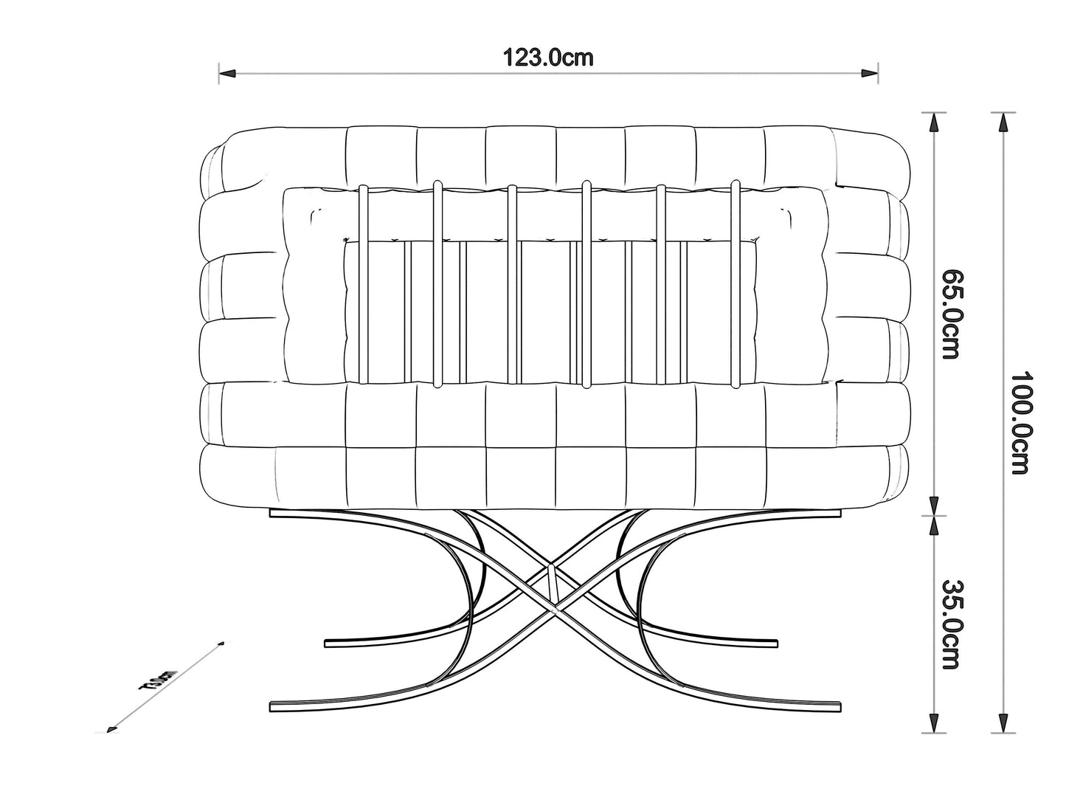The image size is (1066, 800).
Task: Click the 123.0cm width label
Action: click(x=547, y=58)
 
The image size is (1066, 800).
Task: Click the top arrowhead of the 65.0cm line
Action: click(x=935, y=120)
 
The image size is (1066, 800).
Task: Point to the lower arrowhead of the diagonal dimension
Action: click(x=112, y=729)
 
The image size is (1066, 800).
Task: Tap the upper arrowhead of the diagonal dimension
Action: click(x=220, y=643)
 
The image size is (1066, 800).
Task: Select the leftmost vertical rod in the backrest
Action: click(x=363, y=284)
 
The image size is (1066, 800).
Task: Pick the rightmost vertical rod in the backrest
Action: click(x=735, y=284)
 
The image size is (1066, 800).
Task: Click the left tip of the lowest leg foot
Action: click(x=273, y=706)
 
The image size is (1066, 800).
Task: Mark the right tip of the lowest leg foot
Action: click(x=840, y=706)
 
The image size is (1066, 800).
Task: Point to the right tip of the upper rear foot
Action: click(x=776, y=642)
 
